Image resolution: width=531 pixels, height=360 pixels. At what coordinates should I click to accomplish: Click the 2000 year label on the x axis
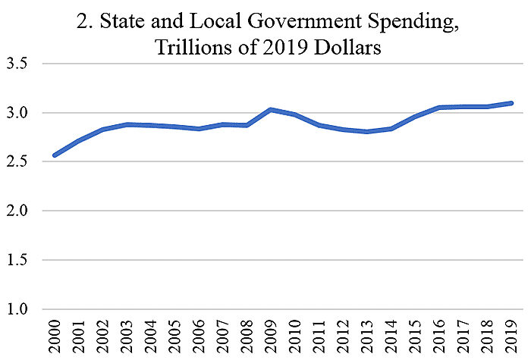tap(55, 335)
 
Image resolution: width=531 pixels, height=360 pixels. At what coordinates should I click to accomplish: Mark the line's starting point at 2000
tap(55, 155)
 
